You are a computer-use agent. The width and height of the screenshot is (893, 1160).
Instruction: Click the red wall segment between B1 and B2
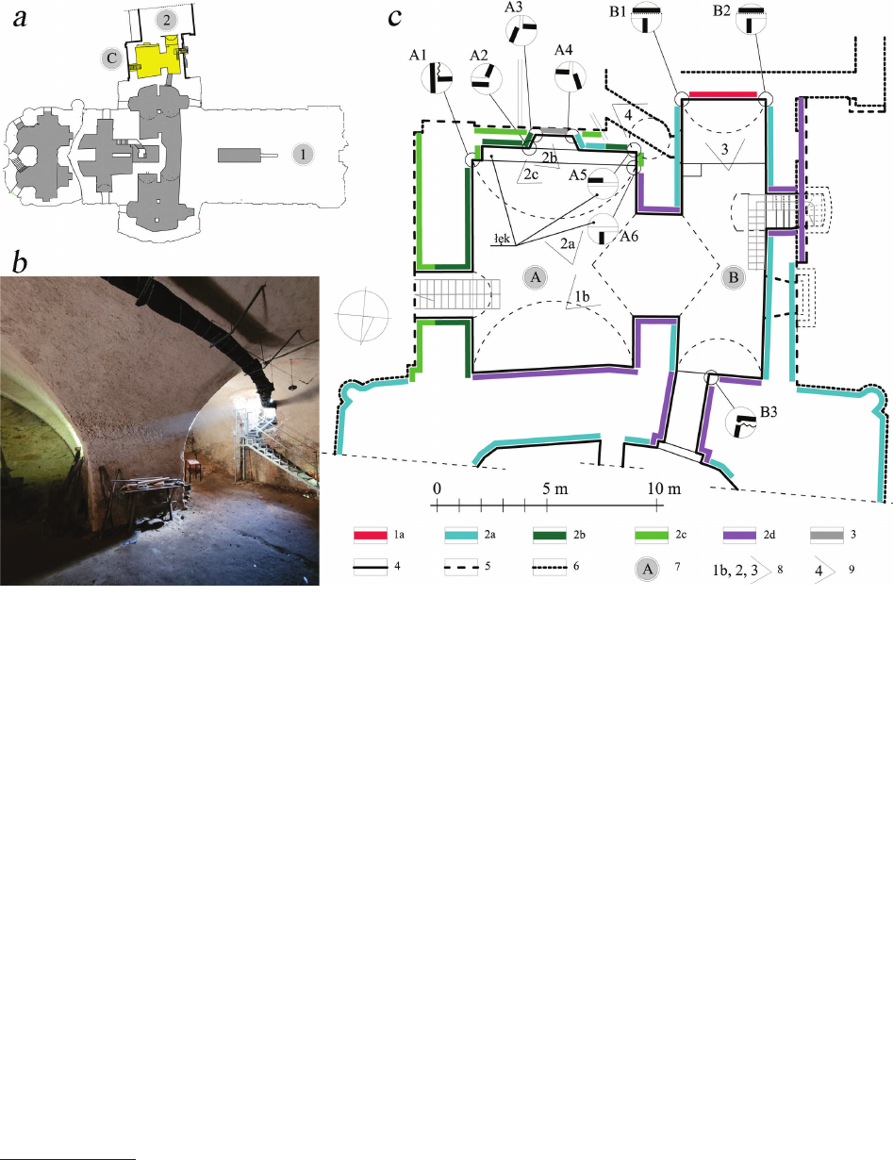(x=723, y=94)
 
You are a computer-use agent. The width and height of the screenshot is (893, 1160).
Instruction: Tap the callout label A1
(x=418, y=55)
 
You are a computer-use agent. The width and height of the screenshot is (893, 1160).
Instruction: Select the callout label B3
(x=769, y=411)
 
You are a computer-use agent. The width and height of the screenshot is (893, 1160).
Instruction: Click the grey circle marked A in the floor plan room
(x=535, y=277)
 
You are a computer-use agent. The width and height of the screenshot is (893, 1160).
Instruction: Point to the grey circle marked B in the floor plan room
(x=734, y=277)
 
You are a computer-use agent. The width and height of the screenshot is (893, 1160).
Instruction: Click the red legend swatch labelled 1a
(x=371, y=535)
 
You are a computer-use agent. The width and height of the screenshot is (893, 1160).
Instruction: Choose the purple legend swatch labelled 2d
(x=739, y=535)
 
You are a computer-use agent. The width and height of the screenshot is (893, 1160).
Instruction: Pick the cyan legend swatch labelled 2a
(x=461, y=535)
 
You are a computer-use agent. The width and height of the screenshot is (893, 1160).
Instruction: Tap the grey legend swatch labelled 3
(x=827, y=535)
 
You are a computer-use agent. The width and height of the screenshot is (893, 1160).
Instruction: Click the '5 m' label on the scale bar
(x=555, y=489)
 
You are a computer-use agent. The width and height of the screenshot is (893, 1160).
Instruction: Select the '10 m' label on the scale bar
(x=664, y=489)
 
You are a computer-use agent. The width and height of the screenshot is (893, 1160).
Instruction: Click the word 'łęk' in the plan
(x=503, y=239)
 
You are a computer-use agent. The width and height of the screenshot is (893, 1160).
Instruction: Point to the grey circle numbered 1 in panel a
(x=304, y=155)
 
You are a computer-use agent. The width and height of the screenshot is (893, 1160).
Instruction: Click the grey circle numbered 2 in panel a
(x=167, y=21)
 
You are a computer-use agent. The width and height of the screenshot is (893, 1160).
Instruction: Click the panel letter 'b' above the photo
(x=20, y=262)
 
